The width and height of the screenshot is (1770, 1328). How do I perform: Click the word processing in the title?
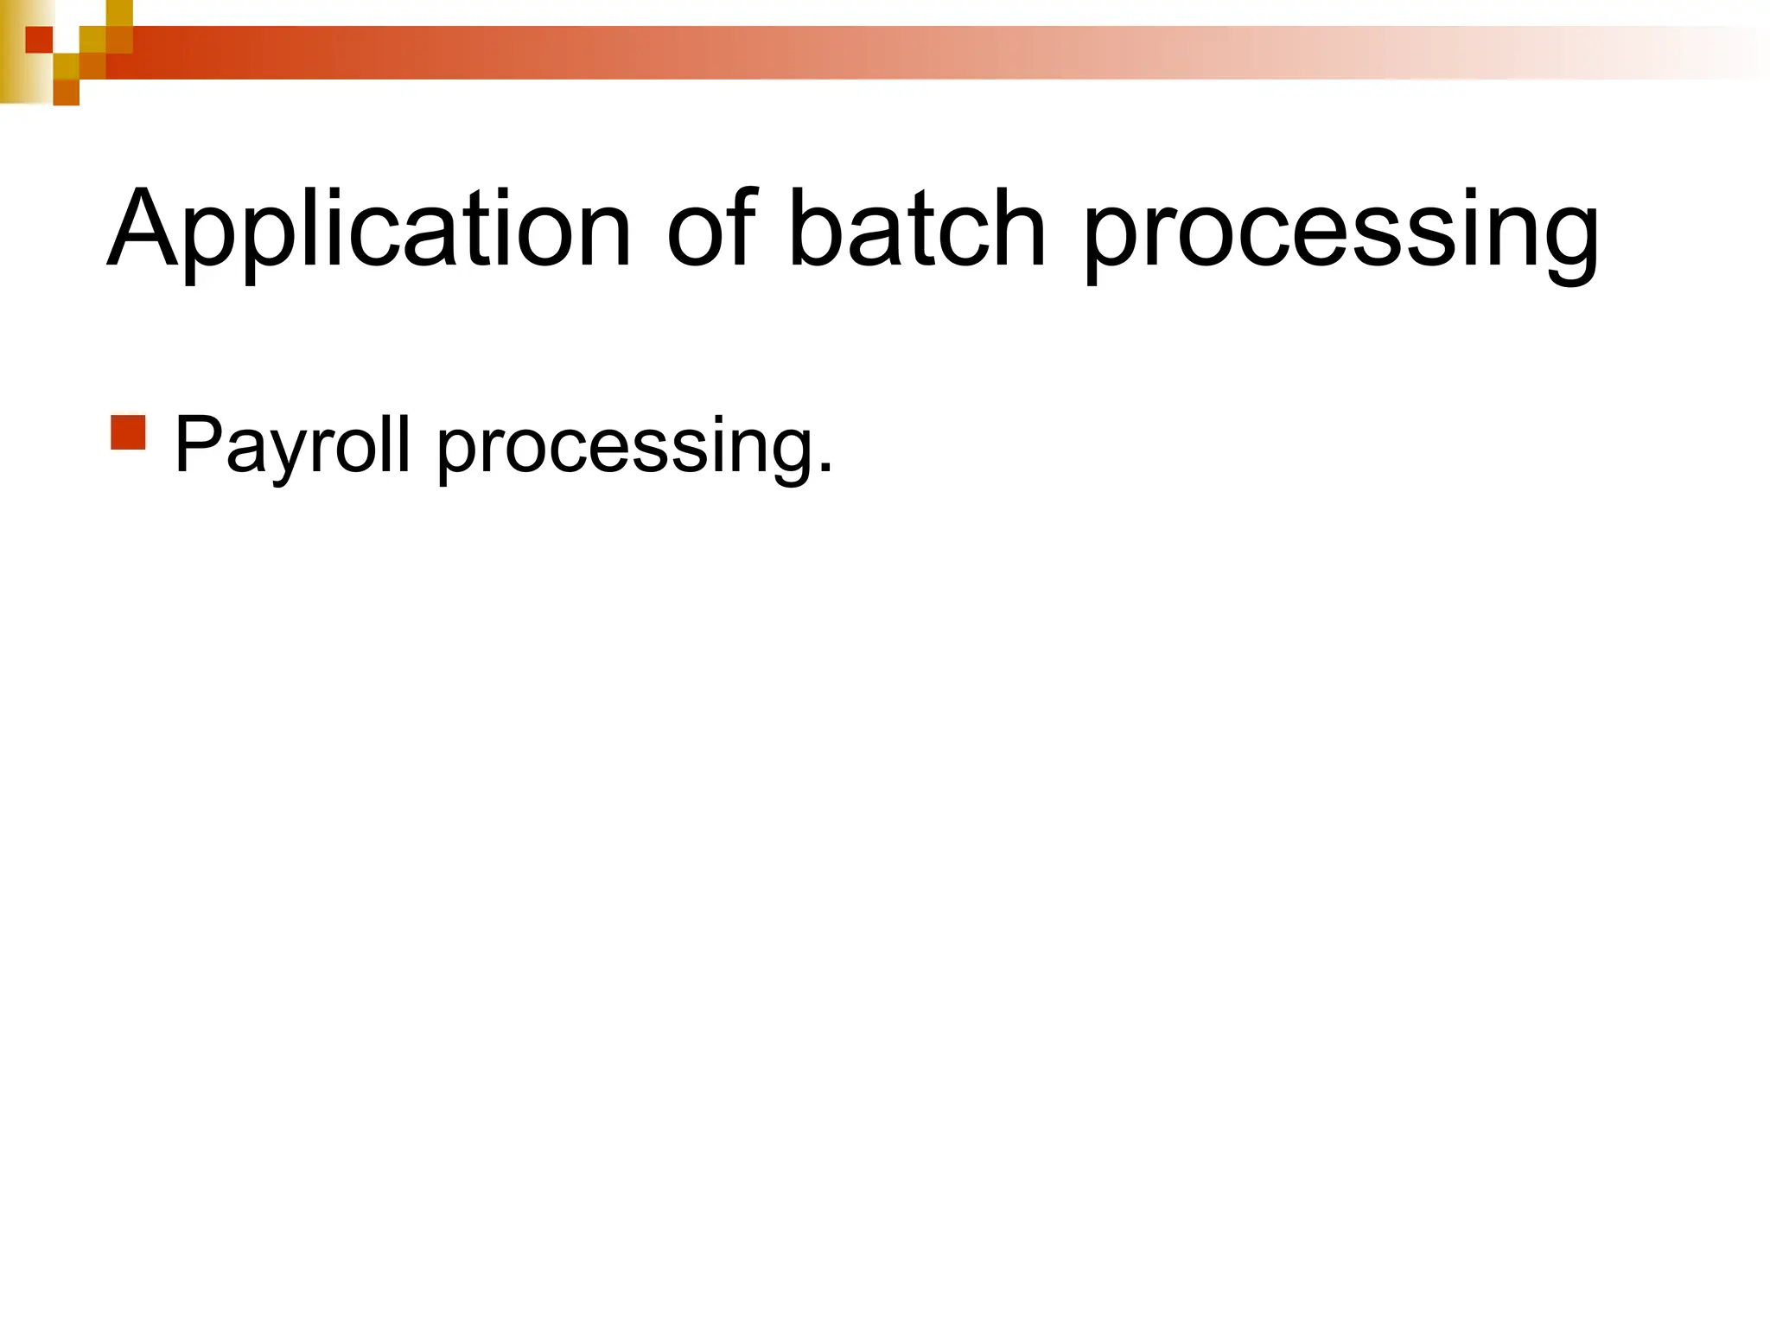tap(1340, 233)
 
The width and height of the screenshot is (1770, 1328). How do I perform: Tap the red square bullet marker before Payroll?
tap(128, 432)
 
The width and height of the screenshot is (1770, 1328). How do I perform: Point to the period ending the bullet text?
tap(825, 468)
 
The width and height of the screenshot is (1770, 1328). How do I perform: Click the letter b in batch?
tap(817, 227)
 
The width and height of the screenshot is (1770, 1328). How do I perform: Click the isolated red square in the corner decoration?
tap(39, 40)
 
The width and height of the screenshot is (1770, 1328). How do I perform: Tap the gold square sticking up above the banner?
tap(119, 12)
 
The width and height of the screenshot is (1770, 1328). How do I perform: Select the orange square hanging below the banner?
tap(66, 93)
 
